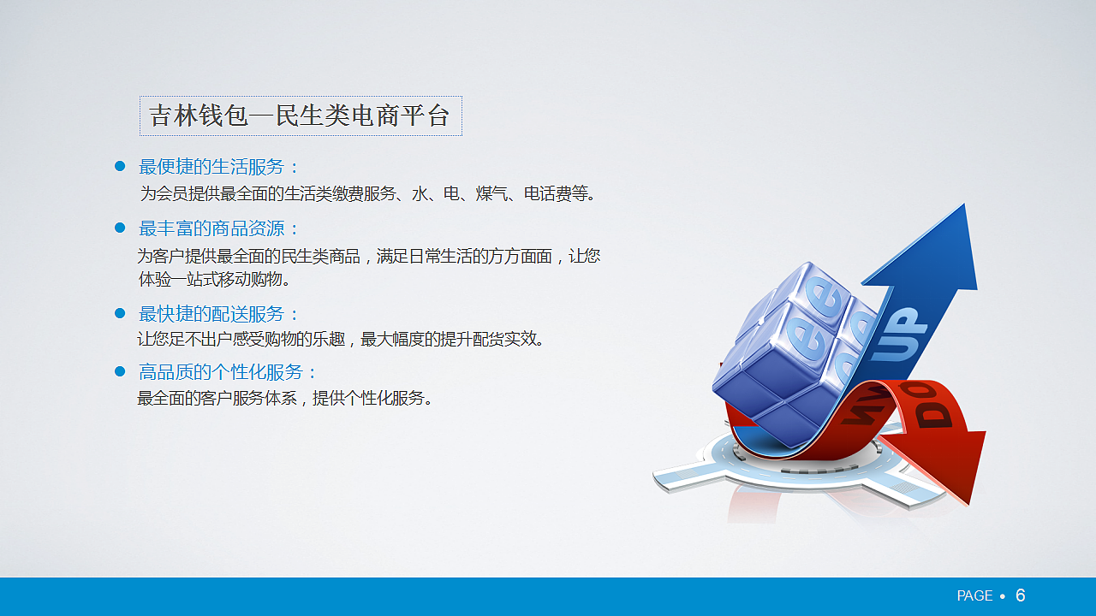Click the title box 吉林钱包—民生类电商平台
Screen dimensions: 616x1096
coord(301,115)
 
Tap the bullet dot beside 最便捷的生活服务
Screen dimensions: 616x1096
coord(120,166)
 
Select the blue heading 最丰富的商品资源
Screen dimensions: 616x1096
coord(219,228)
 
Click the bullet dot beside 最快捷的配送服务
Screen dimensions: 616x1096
coord(120,313)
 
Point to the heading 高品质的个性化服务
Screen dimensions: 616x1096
coord(228,372)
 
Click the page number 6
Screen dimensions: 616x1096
coord(1020,595)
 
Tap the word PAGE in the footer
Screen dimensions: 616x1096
coord(974,595)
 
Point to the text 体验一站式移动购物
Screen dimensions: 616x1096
coord(214,279)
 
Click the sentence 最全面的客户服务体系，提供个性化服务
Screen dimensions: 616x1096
coord(286,398)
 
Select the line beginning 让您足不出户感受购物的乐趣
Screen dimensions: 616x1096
coord(341,339)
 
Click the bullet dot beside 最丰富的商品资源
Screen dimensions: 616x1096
coord(120,228)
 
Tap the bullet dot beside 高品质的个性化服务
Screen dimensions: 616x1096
coord(120,371)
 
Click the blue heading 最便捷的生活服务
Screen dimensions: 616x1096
coord(219,167)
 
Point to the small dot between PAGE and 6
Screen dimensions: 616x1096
coord(1003,596)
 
